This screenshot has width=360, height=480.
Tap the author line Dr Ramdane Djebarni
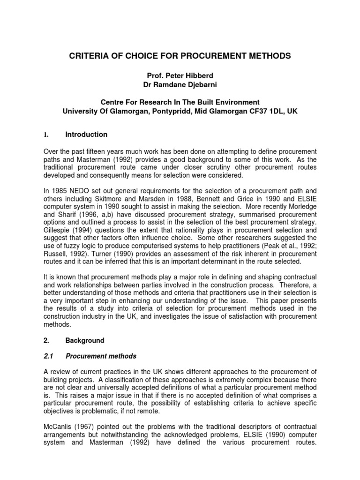point(180,84)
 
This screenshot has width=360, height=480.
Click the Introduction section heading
point(86,135)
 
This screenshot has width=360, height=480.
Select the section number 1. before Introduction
point(46,135)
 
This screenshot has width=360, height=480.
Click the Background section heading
point(85,340)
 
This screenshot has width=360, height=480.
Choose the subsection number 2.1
point(48,356)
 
